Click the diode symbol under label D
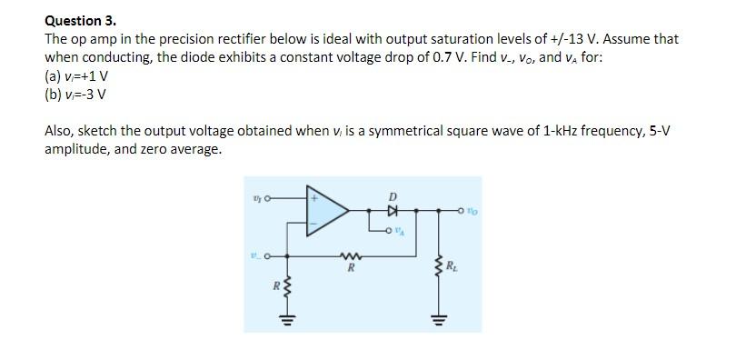pyautogui.click(x=393, y=209)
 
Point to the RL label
pyautogui.click(x=450, y=267)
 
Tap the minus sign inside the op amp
pyautogui.click(x=316, y=225)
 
